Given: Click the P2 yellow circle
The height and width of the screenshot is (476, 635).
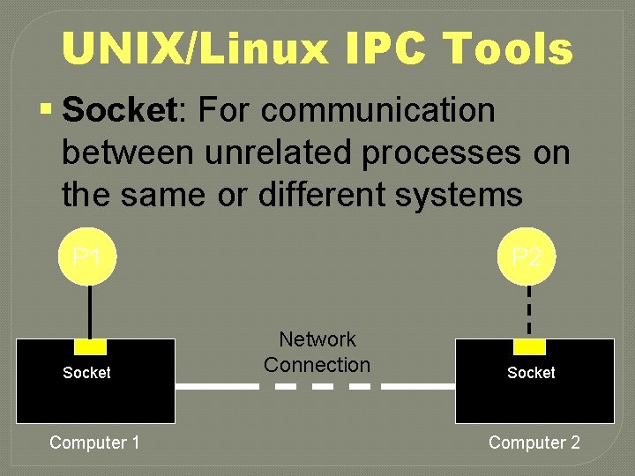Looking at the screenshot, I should coord(527,258).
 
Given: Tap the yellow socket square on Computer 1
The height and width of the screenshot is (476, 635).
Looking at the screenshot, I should coord(89,346).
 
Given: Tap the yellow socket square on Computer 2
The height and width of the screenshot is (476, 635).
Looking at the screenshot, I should coord(529,346).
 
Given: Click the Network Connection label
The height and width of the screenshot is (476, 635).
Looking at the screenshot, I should coord(317,352).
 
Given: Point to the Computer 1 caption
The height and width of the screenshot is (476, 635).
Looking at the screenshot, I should coord(94,443).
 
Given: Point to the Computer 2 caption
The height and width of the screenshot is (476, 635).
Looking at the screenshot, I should coord(534,443).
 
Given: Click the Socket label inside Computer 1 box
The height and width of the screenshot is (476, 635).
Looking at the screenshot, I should coord(86,373).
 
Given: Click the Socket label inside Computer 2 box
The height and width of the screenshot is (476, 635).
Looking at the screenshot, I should coord(531,373).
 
